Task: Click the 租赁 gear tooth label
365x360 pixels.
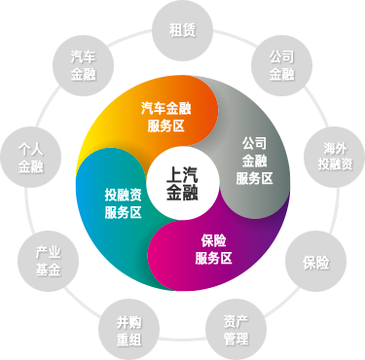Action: pyautogui.click(x=182, y=29)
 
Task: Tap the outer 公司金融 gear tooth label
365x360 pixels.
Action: pyautogui.click(x=281, y=63)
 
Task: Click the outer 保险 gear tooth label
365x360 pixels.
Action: pyautogui.click(x=314, y=262)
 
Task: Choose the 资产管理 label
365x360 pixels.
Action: pyautogui.click(x=236, y=329)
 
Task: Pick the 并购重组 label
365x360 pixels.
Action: pyautogui.click(x=128, y=329)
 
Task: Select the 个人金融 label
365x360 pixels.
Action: pyautogui.click(x=32, y=157)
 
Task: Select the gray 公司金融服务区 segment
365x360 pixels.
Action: pyautogui.click(x=254, y=160)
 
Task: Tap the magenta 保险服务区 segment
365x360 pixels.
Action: pyautogui.click(x=213, y=248)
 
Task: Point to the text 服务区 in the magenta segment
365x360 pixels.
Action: pyautogui.click(x=213, y=257)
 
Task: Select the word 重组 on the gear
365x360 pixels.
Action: pyautogui.click(x=128, y=338)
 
